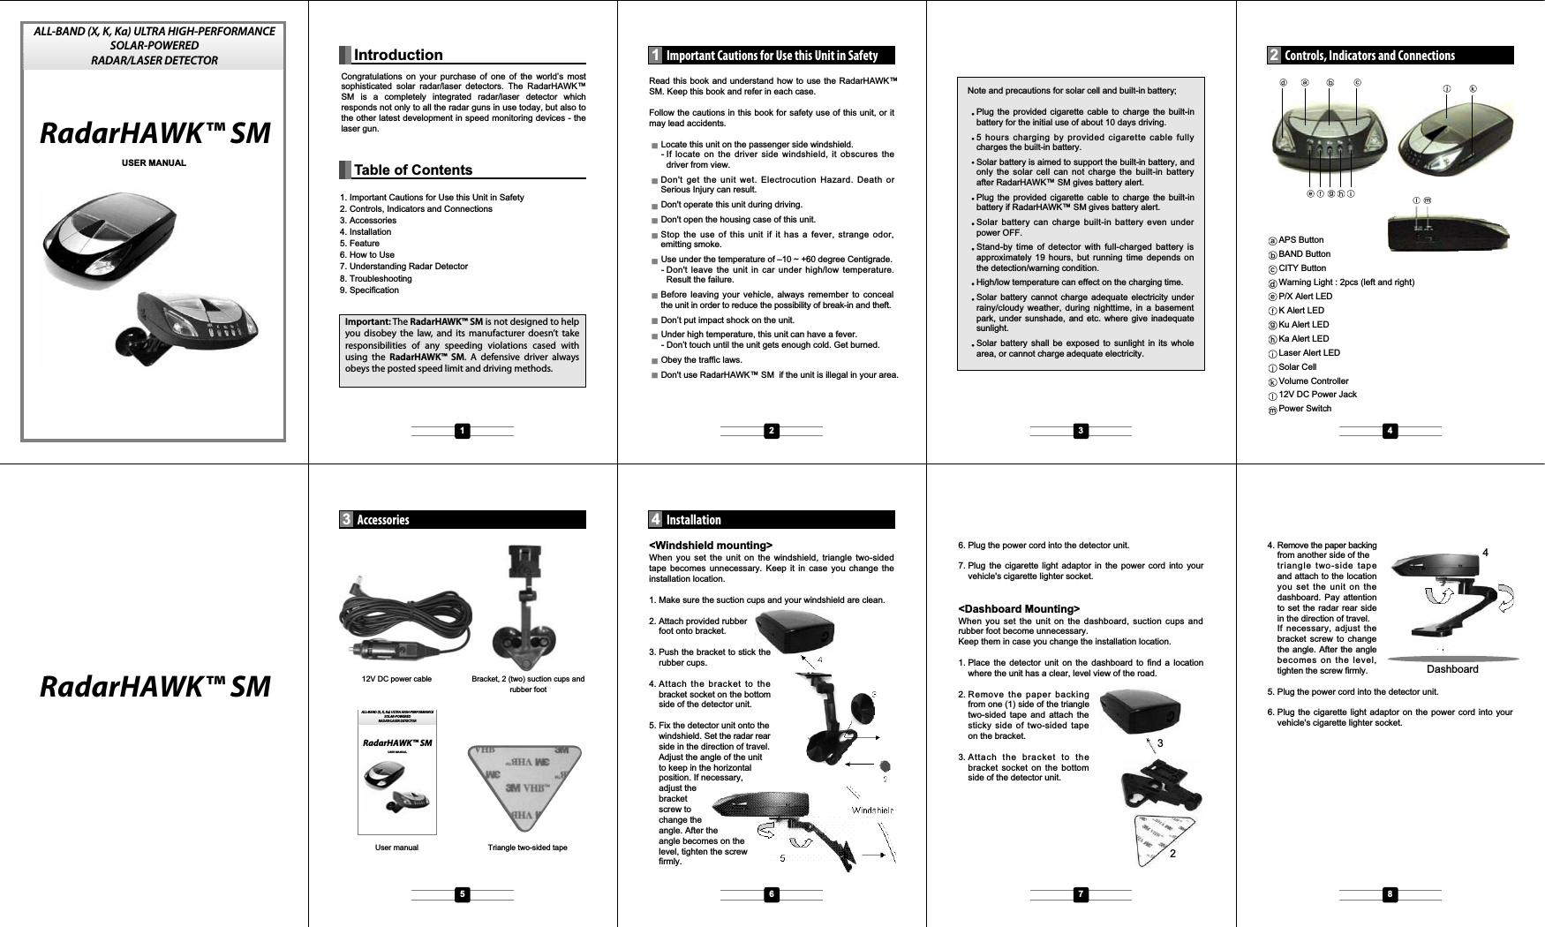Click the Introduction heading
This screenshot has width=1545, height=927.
(398, 56)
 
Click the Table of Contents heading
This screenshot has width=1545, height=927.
(412, 170)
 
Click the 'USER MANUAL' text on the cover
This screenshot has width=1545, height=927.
(154, 163)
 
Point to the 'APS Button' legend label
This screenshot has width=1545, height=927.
(1300, 240)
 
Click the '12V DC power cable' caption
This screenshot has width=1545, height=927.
(396, 679)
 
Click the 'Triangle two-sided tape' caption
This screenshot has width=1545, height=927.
(527, 848)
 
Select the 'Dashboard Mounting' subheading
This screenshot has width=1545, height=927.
(1019, 609)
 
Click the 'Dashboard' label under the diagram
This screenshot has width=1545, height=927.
(1452, 669)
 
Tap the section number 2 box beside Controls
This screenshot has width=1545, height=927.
(1274, 56)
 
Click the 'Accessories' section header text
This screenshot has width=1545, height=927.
(383, 520)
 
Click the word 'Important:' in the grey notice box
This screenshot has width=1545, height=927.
(368, 321)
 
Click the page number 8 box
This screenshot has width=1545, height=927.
(1390, 895)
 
